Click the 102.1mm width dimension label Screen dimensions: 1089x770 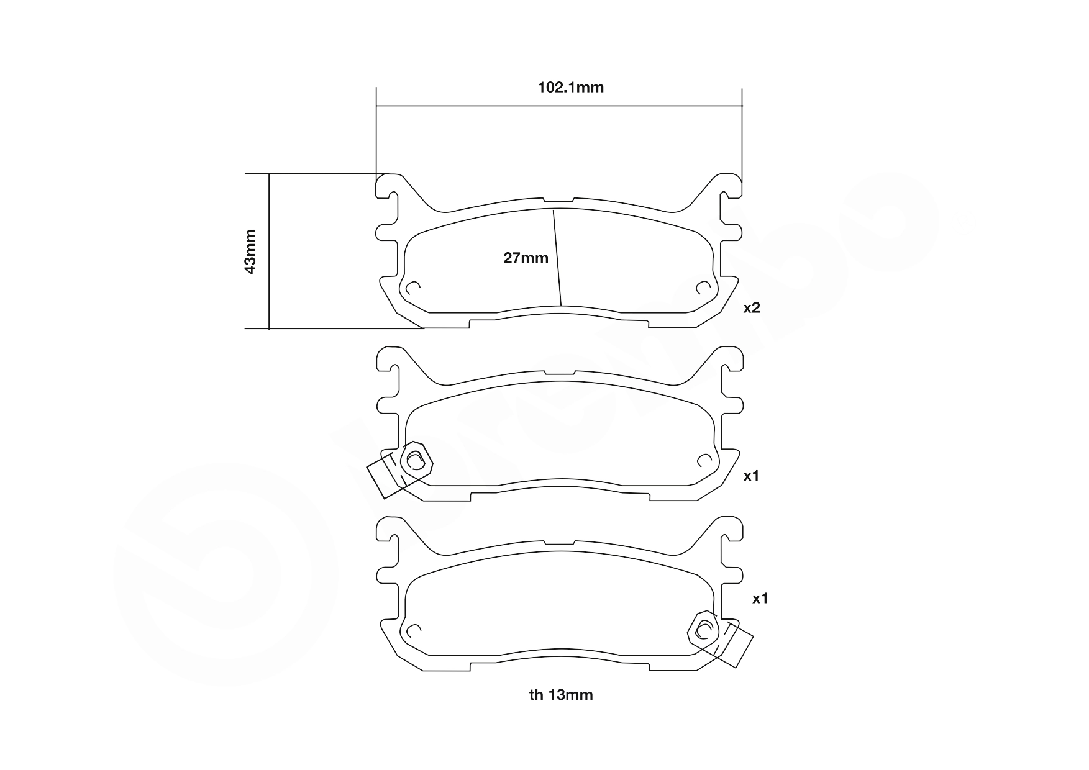[570, 87]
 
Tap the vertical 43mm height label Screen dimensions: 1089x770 [250, 251]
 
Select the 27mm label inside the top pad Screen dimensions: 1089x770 [526, 258]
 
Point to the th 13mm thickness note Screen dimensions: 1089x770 [561, 695]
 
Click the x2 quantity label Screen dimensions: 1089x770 [752, 307]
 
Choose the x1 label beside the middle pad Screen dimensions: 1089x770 [752, 476]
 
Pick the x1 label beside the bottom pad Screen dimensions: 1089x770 [760, 599]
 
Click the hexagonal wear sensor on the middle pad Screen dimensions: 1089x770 [416, 460]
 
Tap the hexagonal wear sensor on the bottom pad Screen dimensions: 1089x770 [704, 630]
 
